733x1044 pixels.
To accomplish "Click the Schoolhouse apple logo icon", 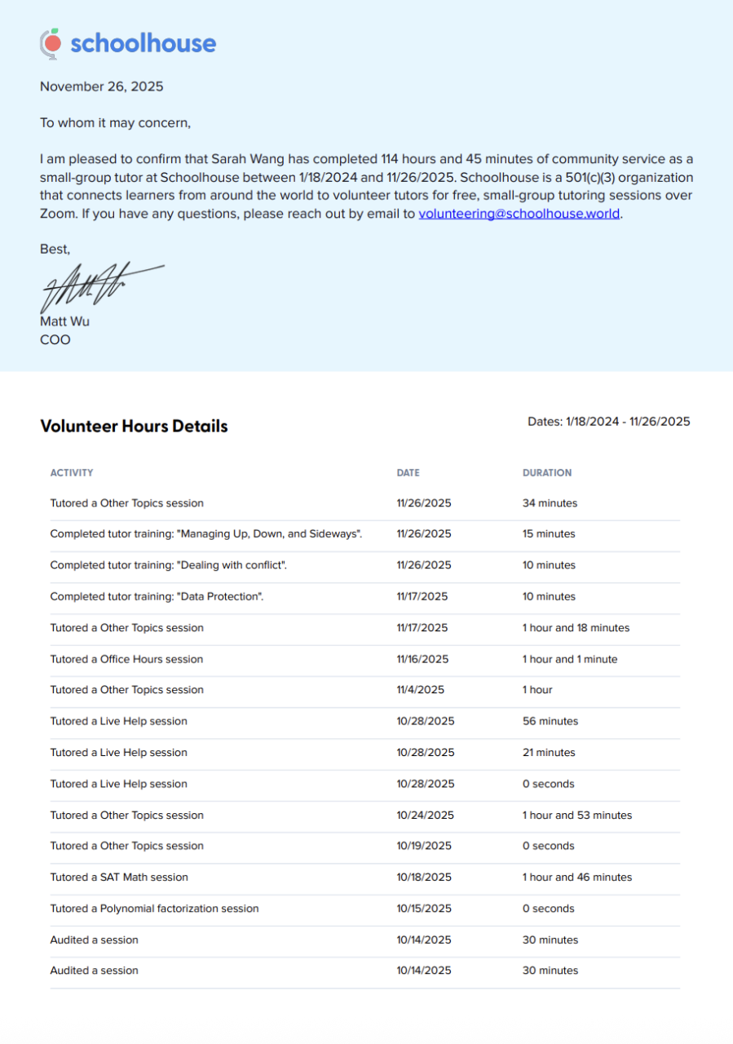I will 51,43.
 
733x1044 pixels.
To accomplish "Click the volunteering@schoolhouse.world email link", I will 519,215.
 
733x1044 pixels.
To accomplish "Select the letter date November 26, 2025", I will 102,86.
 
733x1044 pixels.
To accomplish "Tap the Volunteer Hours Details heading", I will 134,426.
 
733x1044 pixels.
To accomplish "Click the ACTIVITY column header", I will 72,473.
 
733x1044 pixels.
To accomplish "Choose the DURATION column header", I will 547,473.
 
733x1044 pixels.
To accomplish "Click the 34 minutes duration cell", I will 550,503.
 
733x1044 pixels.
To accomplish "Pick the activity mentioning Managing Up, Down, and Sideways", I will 206,534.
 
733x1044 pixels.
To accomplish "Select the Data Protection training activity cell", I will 157,596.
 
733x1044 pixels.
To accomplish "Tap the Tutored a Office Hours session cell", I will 126,659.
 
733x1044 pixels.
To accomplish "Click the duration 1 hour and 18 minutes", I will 576,628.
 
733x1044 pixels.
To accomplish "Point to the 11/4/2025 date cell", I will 421,690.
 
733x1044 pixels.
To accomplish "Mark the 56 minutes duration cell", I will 550,721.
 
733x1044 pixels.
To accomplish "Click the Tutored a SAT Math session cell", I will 119,878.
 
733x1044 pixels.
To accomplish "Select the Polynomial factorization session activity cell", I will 154,909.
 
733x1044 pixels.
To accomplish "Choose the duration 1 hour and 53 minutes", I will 577,816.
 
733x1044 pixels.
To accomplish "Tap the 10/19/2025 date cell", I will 424,847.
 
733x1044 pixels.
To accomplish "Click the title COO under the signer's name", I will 55,339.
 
